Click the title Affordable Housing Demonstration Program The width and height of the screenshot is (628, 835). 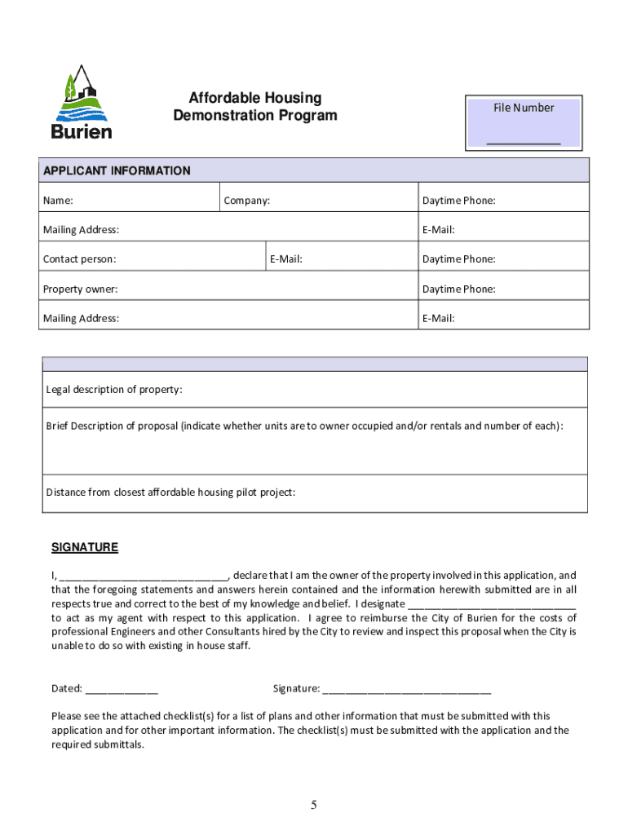(254, 107)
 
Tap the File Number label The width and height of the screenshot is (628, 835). (523, 108)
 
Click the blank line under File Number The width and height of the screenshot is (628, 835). (523, 143)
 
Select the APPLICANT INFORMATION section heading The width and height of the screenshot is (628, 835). (117, 170)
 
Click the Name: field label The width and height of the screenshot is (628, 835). (58, 201)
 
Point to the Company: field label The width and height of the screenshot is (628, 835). (247, 201)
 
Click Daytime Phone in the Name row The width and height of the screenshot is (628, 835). (458, 201)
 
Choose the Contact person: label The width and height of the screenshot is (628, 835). (79, 259)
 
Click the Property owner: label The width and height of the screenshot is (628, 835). (80, 289)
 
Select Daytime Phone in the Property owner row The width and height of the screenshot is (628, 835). (458, 289)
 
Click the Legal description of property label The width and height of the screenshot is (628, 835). (114, 389)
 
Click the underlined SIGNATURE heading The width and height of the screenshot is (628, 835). (85, 547)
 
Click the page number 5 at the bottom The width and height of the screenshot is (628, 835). (313, 806)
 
